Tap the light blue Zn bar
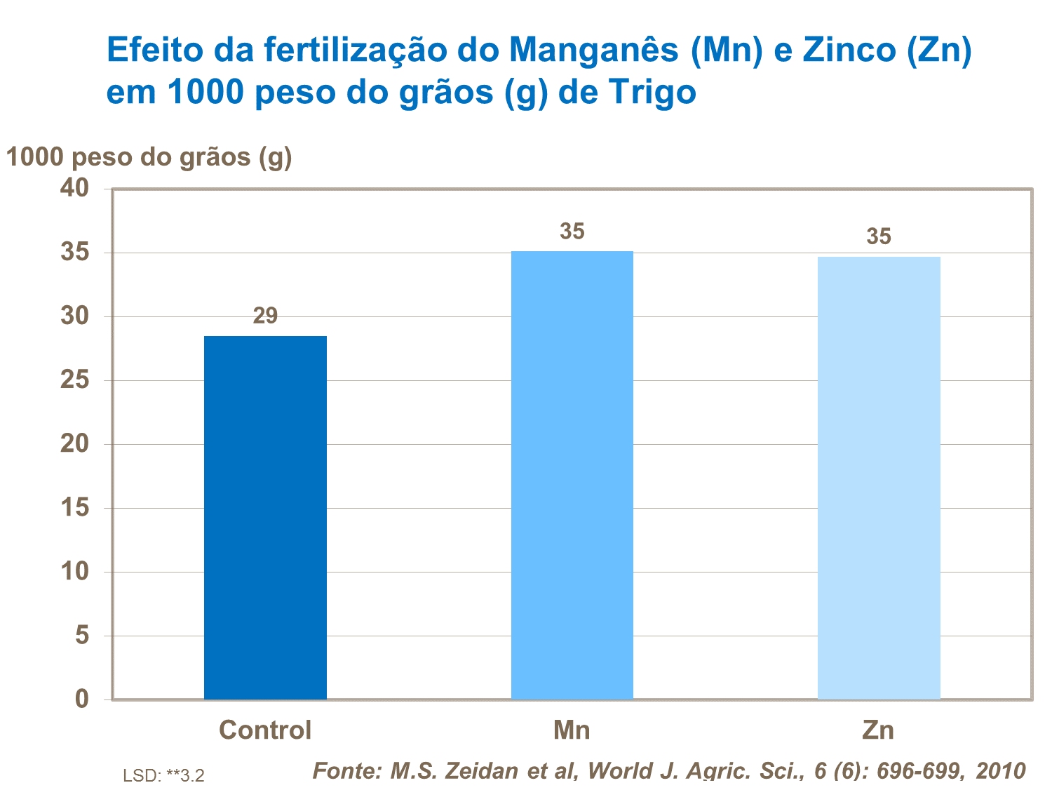tap(879, 478)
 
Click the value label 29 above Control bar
tap(265, 316)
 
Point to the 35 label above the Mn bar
tap(572, 232)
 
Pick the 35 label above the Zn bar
tap(879, 236)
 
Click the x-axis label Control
tap(265, 730)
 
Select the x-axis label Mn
tap(572, 730)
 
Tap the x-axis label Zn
tap(878, 730)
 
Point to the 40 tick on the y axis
tap(75, 188)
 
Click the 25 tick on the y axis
tap(75, 380)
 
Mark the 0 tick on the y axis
tap(82, 699)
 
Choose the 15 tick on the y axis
tap(75, 507)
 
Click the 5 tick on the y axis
tap(82, 635)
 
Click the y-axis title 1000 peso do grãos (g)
tap(149, 157)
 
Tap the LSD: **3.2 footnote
tap(163, 775)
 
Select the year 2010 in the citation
tap(1001, 771)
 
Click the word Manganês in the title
tap(595, 51)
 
